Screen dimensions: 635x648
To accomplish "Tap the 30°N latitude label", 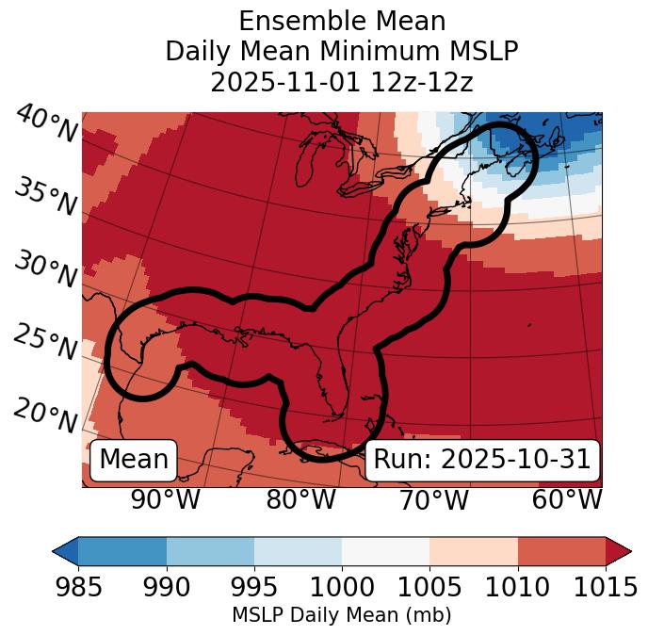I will [45, 269].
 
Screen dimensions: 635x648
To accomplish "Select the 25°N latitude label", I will [45, 343].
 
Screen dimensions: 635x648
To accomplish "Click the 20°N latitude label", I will [45, 415].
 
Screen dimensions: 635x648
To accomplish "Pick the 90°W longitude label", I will [165, 500].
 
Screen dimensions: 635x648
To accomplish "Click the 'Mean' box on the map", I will [134, 460].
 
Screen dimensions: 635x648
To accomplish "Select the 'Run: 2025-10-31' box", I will [482, 460].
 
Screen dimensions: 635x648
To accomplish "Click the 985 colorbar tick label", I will [78, 588].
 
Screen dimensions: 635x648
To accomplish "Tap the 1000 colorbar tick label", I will [342, 588].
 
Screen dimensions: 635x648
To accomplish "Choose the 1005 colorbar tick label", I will [429, 588].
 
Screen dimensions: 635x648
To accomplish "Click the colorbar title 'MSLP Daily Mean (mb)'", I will [341, 616].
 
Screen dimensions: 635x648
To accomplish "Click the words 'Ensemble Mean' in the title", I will [341, 21].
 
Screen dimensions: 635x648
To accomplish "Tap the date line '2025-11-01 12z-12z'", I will [341, 82].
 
